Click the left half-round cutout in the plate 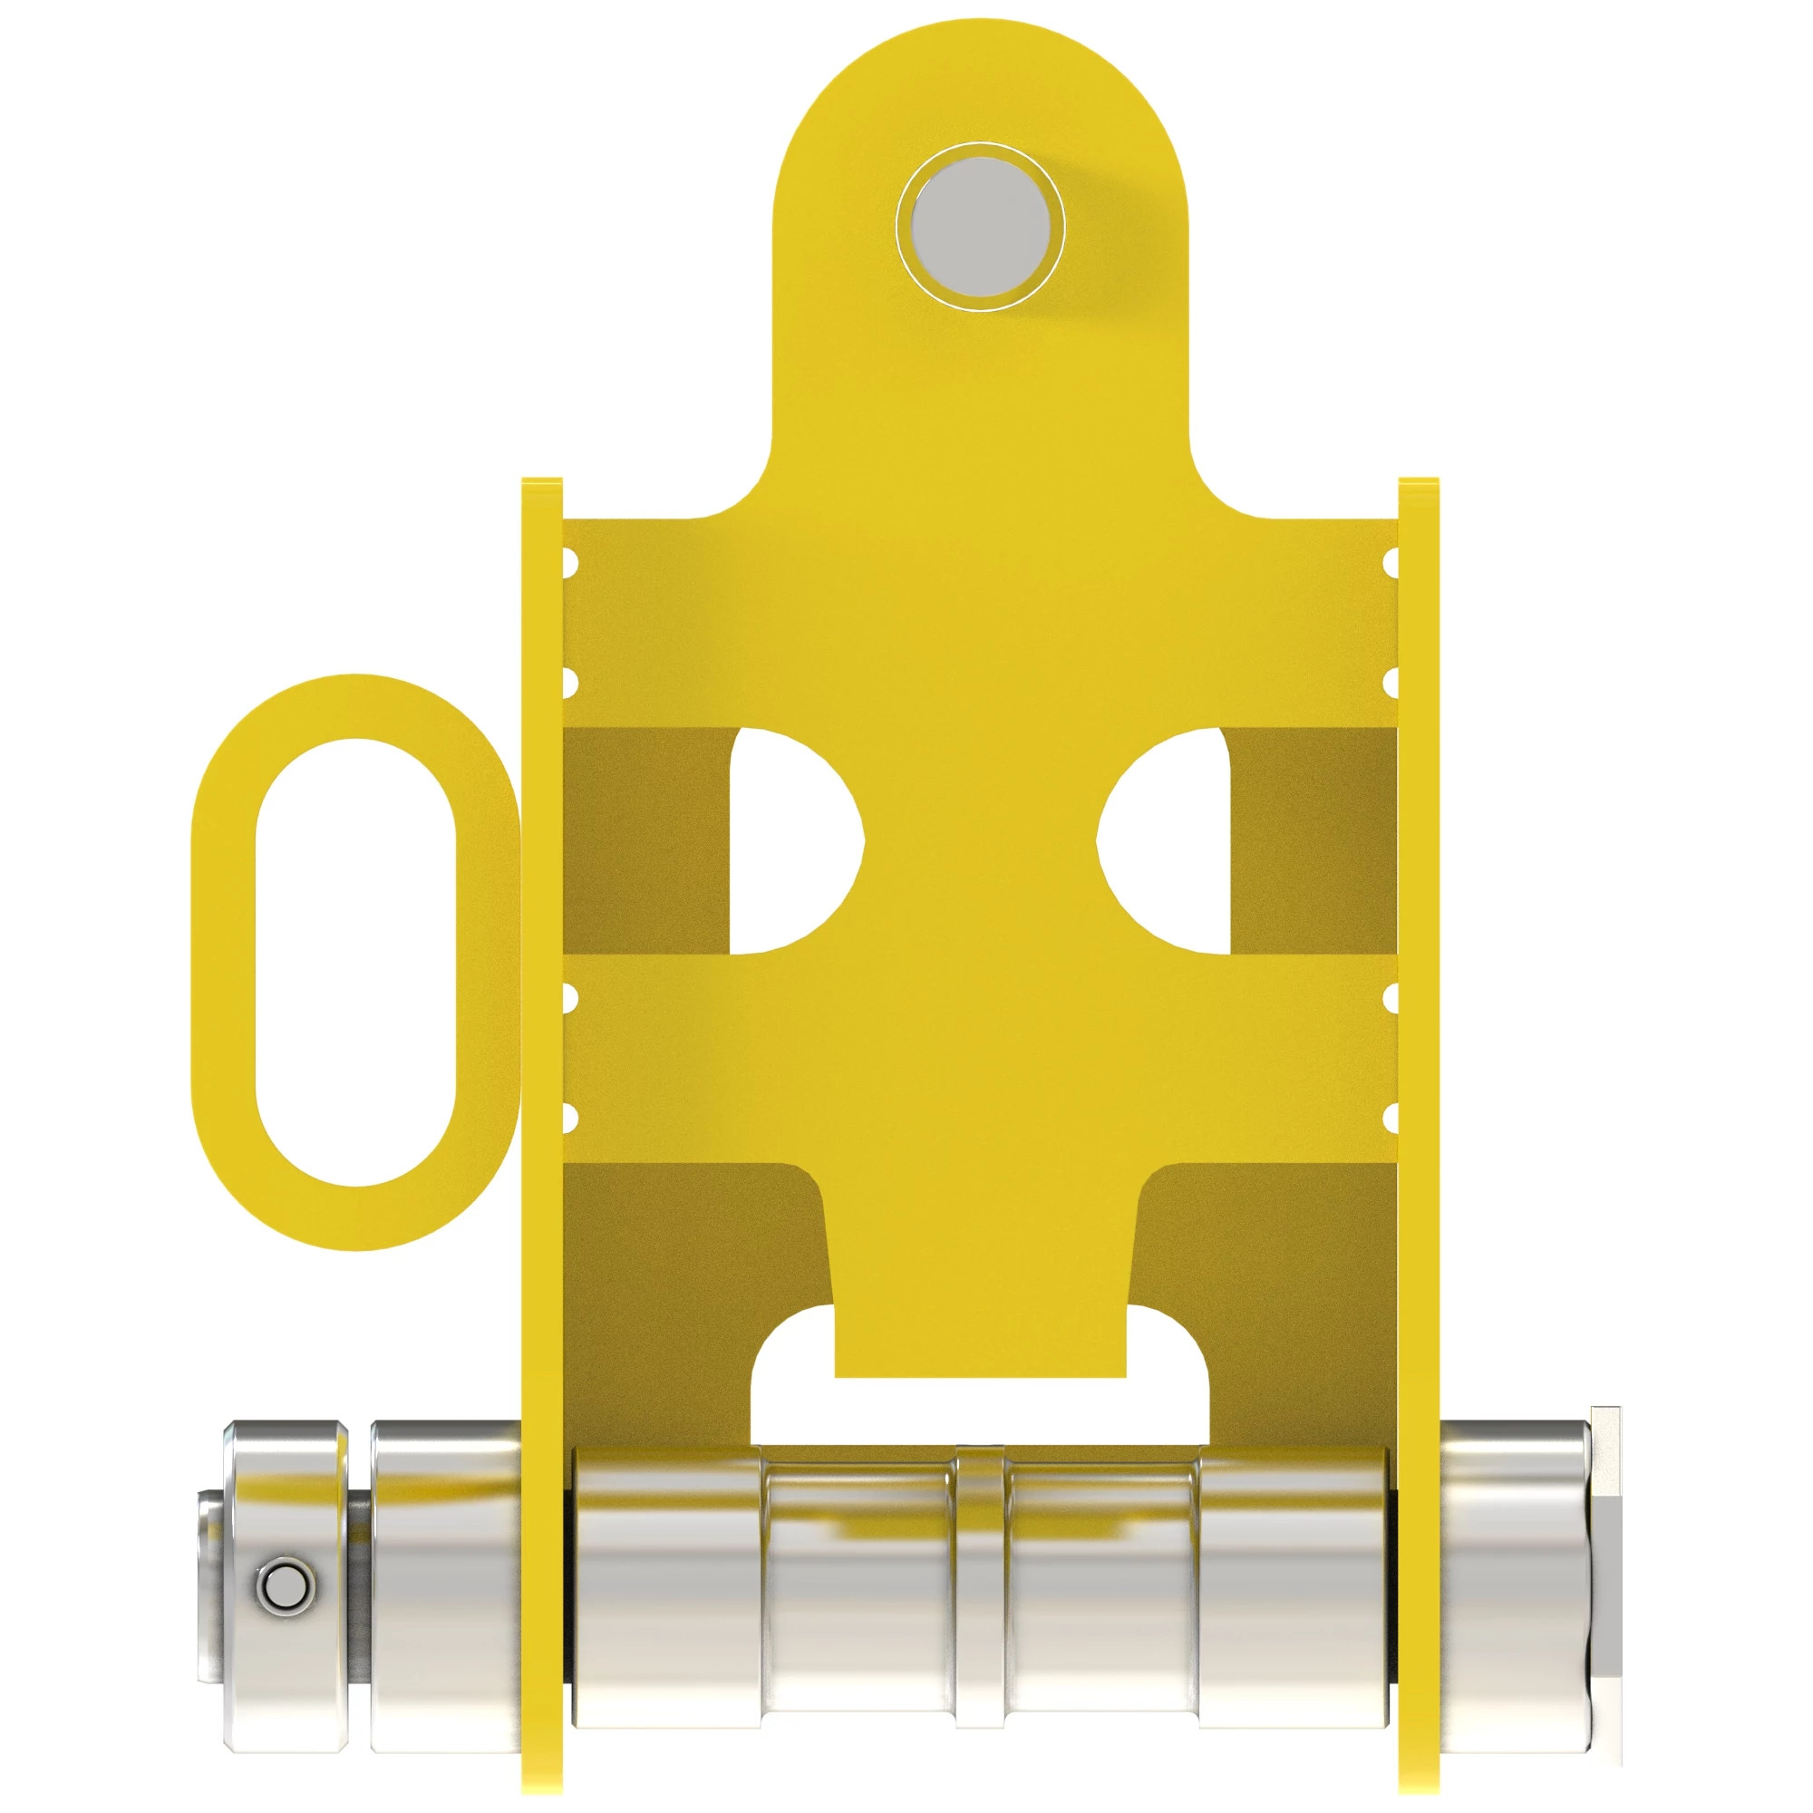click(793, 842)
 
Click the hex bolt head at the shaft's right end click(1606, 1585)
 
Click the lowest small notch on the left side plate click(568, 1117)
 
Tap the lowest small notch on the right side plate click(1391, 1117)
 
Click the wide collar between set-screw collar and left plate click(445, 1585)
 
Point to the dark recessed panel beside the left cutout click(645, 842)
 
